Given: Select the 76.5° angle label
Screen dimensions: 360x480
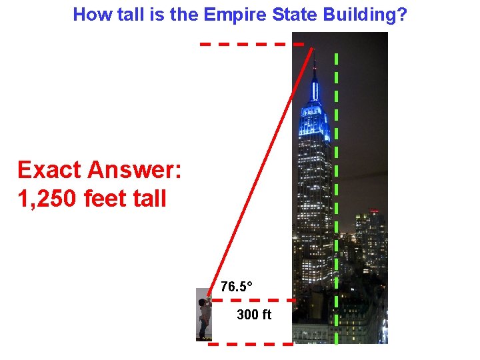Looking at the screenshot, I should (237, 287).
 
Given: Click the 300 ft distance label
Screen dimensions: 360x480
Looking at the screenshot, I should (254, 315).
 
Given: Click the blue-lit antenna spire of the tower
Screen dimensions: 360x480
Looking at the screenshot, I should (315, 83).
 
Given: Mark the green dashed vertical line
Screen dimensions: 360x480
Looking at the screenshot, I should (336, 200).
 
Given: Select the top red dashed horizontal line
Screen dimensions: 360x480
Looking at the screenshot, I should (252, 44).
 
